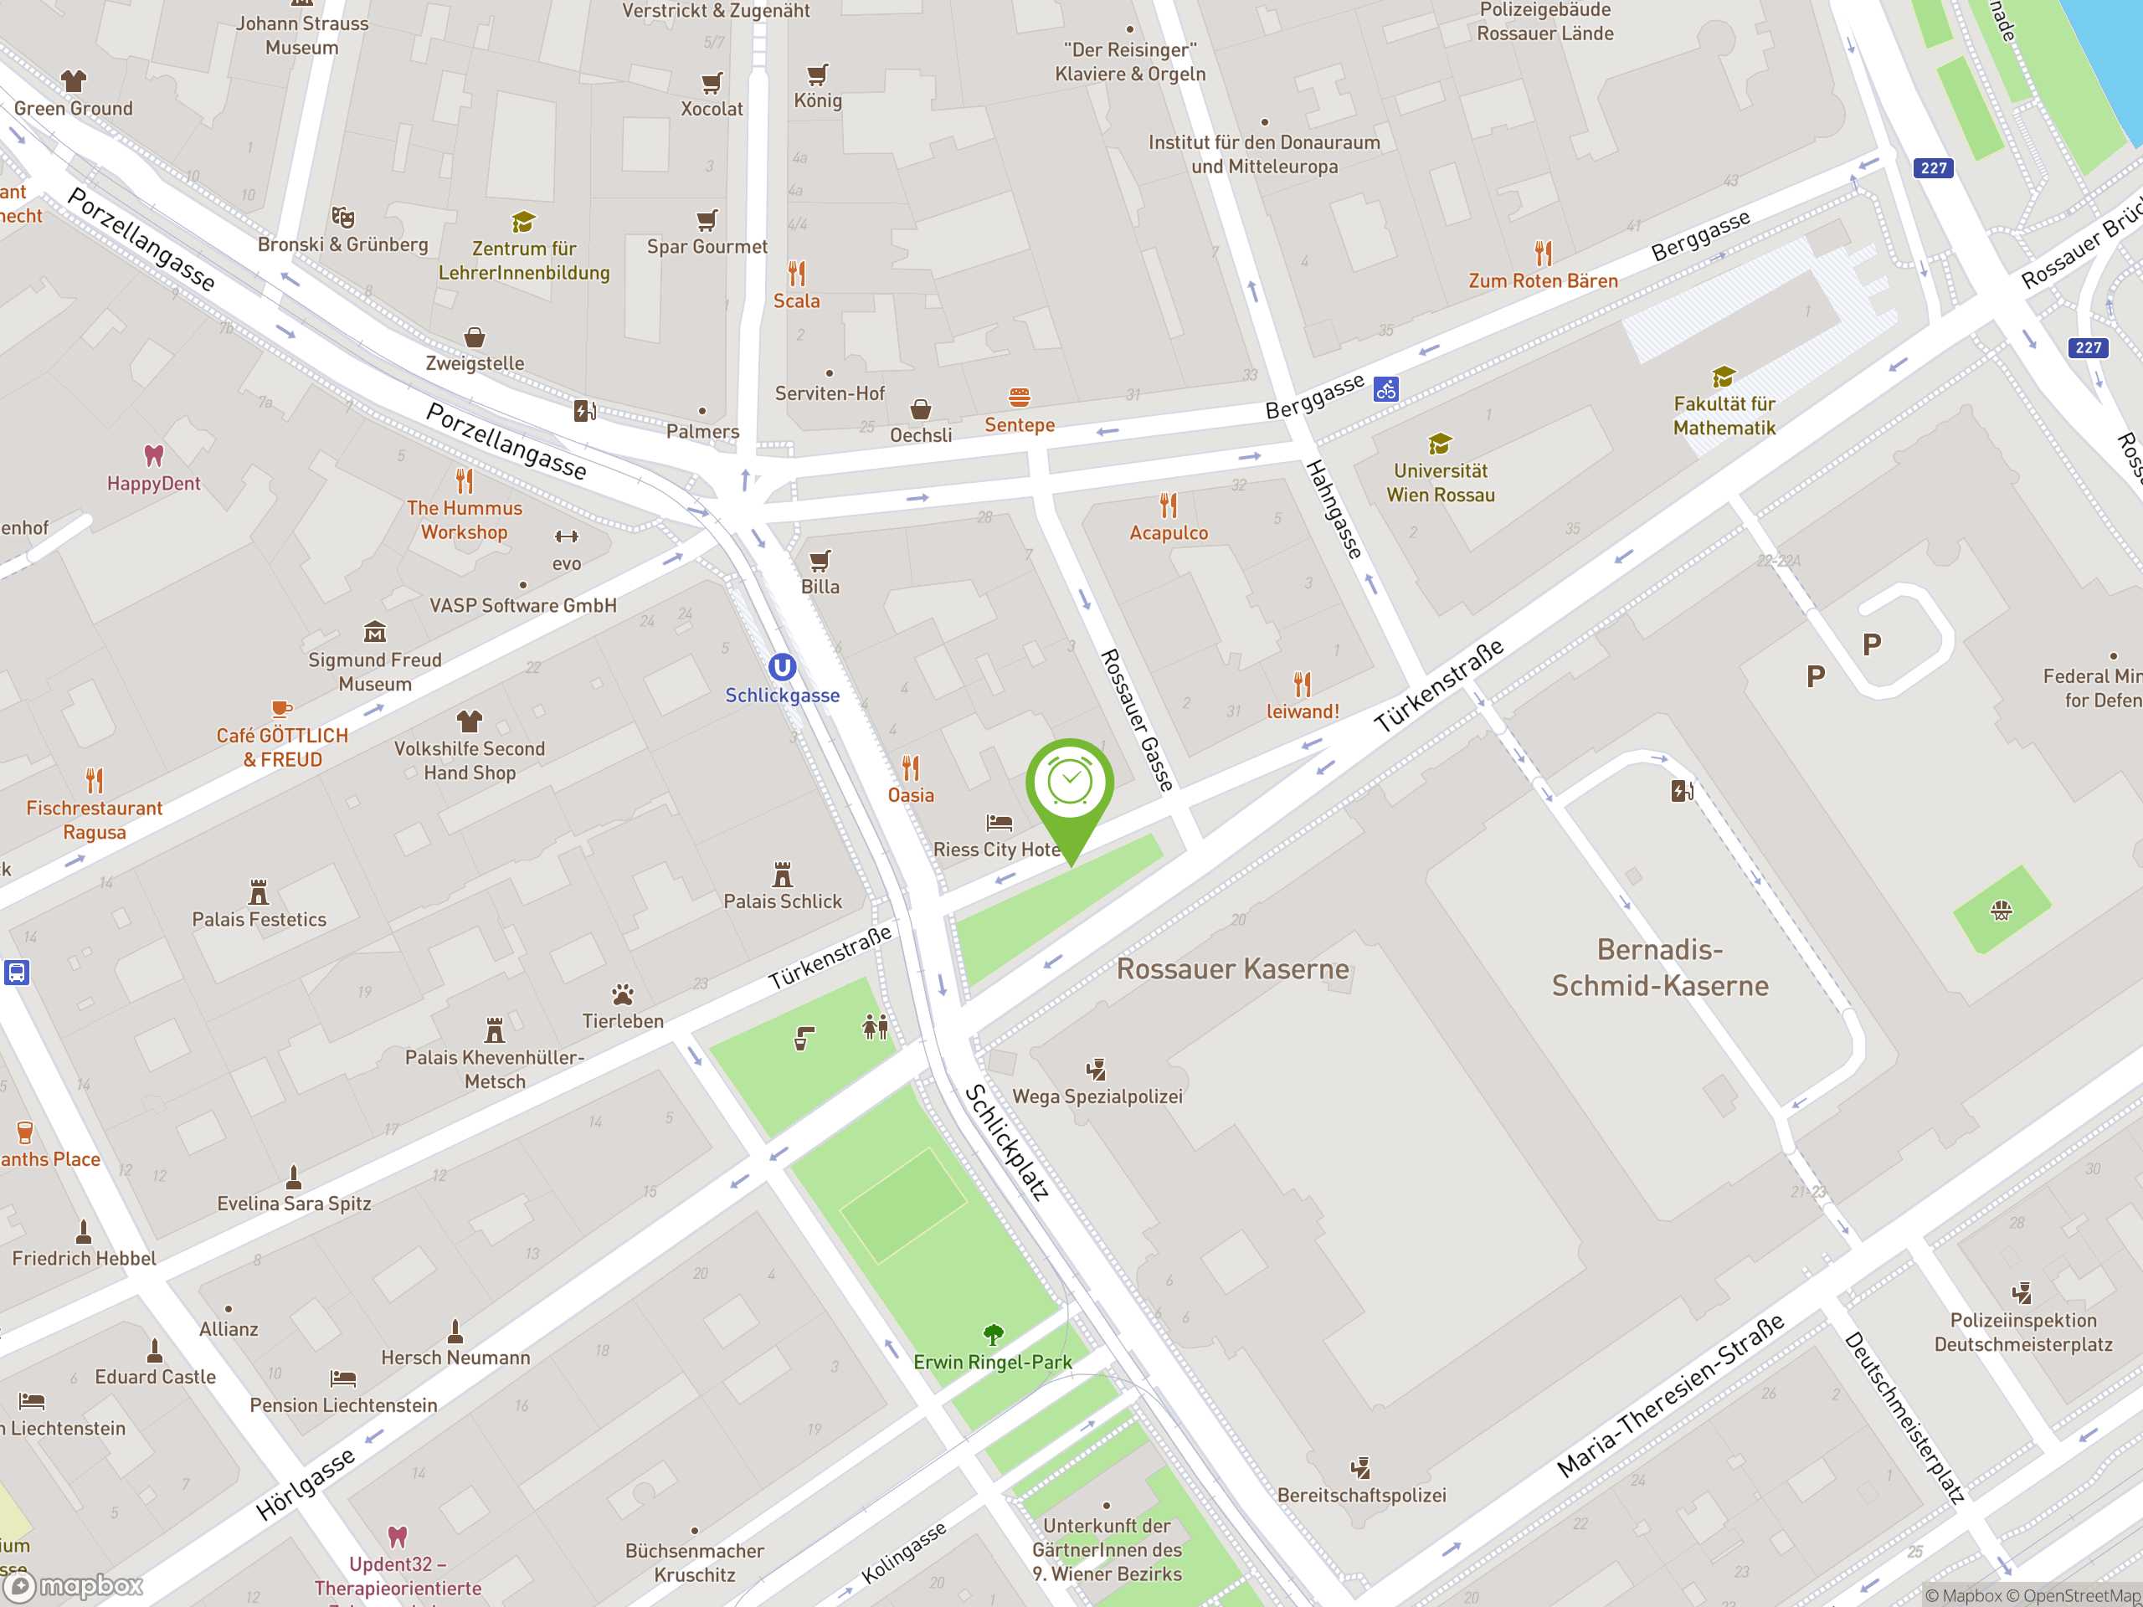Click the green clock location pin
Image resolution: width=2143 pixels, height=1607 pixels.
pyautogui.click(x=1070, y=783)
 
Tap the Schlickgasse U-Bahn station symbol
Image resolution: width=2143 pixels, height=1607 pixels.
pyautogui.click(x=782, y=666)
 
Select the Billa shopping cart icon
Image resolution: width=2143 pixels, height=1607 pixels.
pyautogui.click(x=820, y=560)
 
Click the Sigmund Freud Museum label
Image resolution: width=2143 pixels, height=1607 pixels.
pyautogui.click(x=375, y=671)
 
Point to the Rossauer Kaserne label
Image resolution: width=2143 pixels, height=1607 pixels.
pyautogui.click(x=1232, y=968)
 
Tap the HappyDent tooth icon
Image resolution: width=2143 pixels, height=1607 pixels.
pyautogui.click(x=153, y=455)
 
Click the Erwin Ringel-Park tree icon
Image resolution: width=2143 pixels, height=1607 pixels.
pyautogui.click(x=993, y=1335)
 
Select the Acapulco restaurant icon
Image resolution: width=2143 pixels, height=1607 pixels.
pyautogui.click(x=1169, y=505)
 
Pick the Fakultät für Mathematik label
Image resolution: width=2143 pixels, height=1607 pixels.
pyautogui.click(x=1724, y=415)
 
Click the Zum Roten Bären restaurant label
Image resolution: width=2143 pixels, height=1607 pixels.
pyautogui.click(x=1542, y=281)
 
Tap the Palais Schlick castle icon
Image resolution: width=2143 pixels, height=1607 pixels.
pyautogui.click(x=783, y=875)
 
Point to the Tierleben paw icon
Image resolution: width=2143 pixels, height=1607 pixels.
pyautogui.click(x=623, y=995)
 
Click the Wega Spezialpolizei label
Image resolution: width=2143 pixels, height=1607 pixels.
pyautogui.click(x=1097, y=1096)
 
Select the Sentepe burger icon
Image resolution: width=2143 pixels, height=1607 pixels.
pyautogui.click(x=1020, y=398)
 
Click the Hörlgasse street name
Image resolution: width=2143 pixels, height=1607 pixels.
pyautogui.click(x=306, y=1484)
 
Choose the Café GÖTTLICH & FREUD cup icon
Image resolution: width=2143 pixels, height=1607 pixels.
pyautogui.click(x=281, y=708)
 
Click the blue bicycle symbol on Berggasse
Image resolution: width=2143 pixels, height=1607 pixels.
pyautogui.click(x=1386, y=389)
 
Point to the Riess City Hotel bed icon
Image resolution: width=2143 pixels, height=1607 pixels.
pyautogui.click(x=999, y=823)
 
